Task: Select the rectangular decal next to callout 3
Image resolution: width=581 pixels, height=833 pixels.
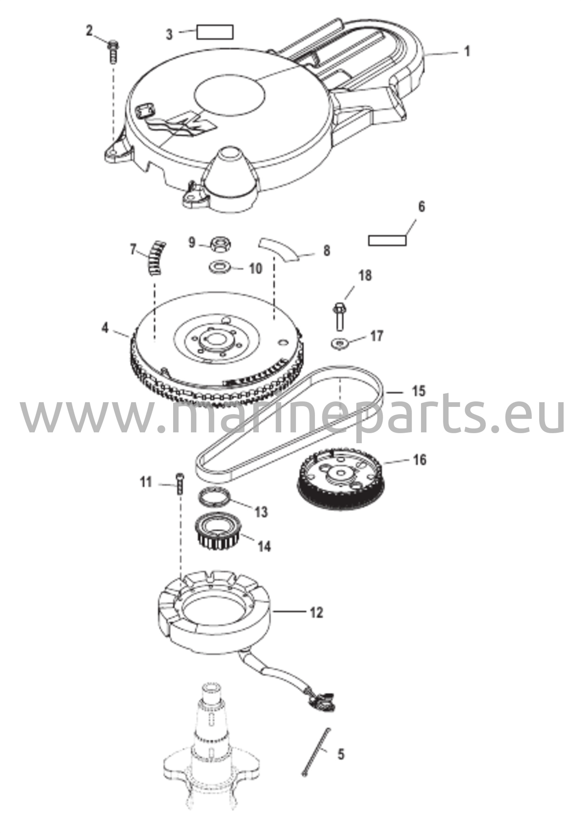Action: click(x=215, y=32)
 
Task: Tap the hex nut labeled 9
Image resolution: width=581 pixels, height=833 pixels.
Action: click(x=219, y=245)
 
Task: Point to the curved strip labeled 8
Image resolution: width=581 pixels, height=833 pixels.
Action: click(x=280, y=248)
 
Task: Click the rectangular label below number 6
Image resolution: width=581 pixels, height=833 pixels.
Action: click(x=387, y=240)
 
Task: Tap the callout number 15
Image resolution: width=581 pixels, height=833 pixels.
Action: click(x=418, y=391)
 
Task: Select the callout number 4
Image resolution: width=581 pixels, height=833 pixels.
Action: click(x=105, y=328)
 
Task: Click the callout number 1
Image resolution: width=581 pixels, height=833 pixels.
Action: click(x=467, y=52)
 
